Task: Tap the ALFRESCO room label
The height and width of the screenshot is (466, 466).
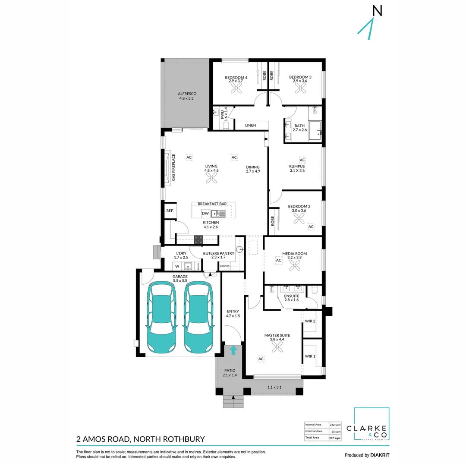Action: (188, 96)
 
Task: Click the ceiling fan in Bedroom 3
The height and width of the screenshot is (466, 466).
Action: (300, 88)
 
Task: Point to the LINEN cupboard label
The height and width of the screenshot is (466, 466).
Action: (250, 126)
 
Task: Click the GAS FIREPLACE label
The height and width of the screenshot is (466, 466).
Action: (174, 167)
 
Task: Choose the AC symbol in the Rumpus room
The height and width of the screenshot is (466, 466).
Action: (302, 160)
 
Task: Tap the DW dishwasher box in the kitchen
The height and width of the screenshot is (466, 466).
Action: (206, 213)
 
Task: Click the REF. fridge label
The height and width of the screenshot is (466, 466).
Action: (170, 211)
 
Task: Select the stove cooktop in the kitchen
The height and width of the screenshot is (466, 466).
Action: (198, 238)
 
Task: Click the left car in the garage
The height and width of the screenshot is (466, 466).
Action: (162, 317)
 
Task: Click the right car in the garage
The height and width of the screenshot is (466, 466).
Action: (199, 317)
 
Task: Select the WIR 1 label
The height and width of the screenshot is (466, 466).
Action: (310, 356)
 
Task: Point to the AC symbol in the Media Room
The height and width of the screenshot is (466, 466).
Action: (278, 260)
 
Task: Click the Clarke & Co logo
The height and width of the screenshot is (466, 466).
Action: (371, 425)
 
